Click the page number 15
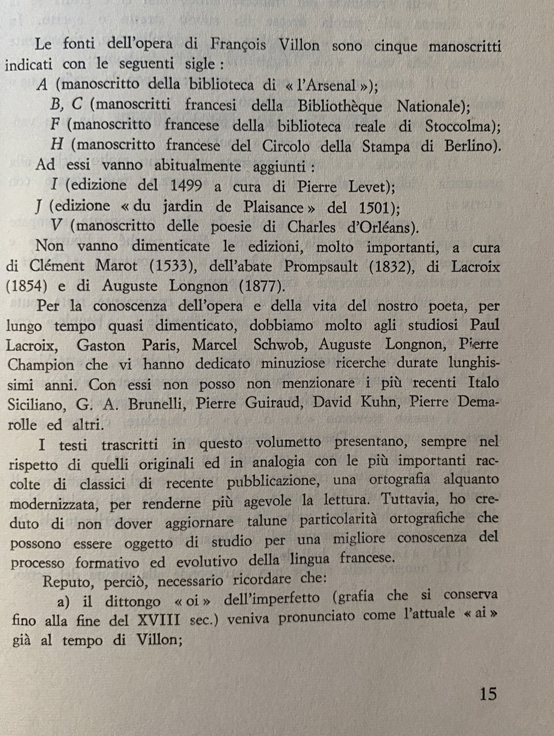(487, 693)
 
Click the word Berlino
(469, 146)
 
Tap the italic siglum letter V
(56, 227)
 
